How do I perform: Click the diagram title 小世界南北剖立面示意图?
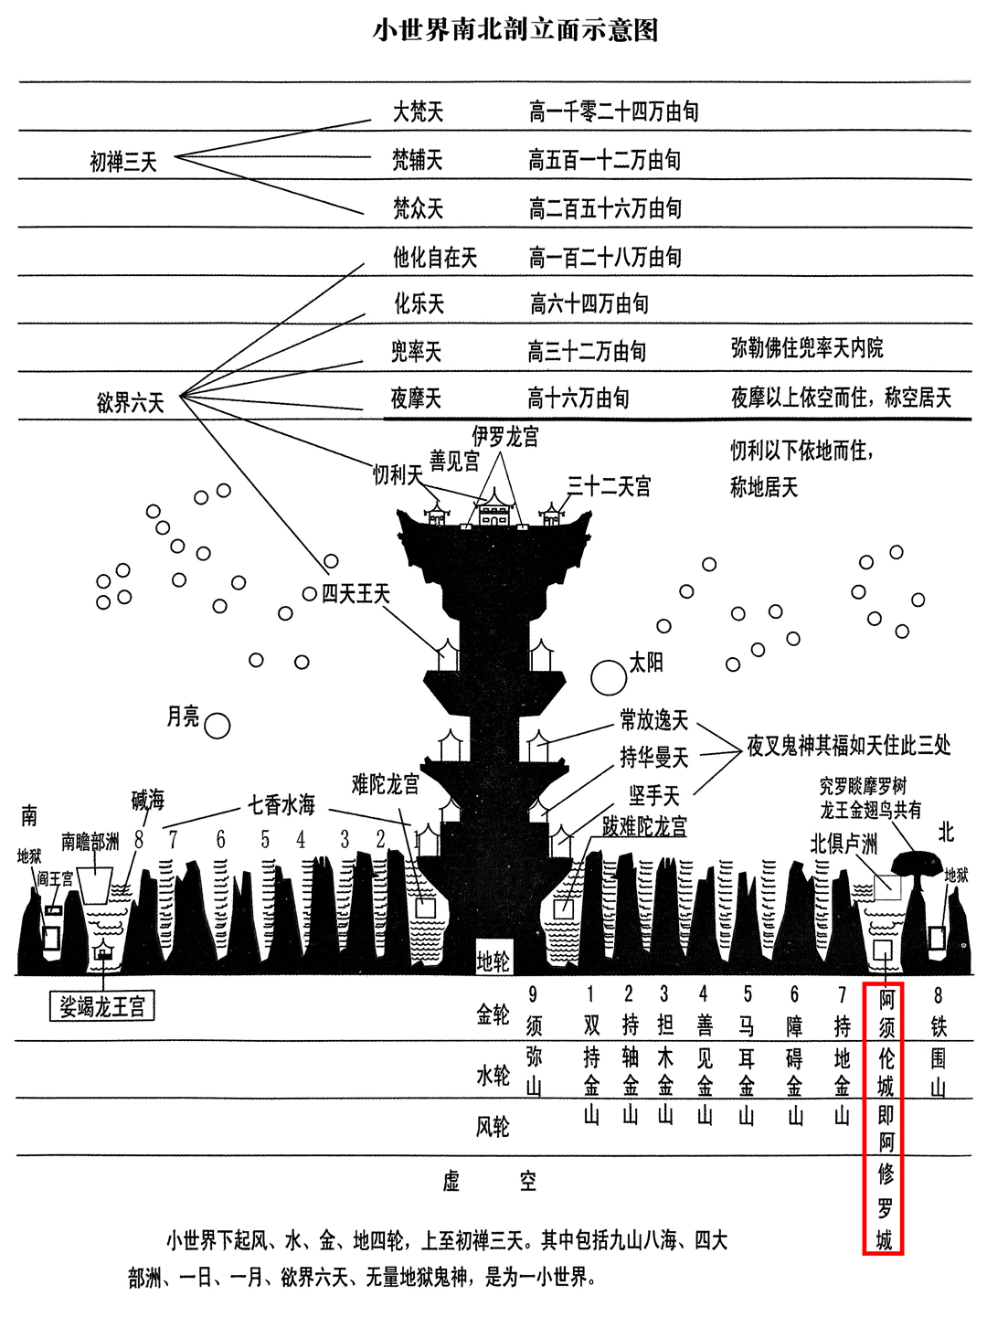515,30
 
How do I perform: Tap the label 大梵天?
418,112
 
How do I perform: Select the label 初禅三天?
123,163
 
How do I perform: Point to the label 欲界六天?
131,402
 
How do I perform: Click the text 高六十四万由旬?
589,303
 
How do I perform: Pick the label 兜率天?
416,351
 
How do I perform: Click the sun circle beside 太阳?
608,677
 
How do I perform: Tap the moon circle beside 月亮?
217,726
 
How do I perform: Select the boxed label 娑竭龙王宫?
102,1007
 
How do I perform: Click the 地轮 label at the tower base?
493,961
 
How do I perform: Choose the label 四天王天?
356,595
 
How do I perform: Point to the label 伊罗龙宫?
504,437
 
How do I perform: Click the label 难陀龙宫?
385,783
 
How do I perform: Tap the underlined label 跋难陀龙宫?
644,826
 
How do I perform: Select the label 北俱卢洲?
844,843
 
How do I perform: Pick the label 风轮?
493,1126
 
